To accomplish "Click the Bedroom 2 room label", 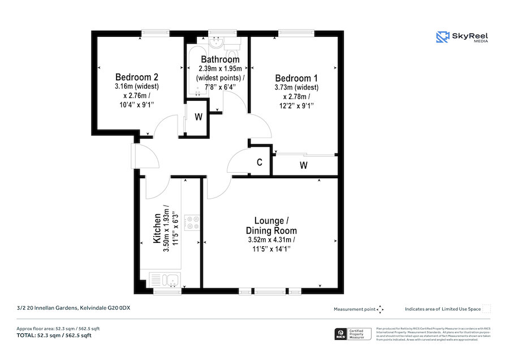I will pos(136,77).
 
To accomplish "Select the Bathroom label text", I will pos(220,59).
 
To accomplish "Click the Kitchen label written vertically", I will pos(158,229).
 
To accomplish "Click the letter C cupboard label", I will pos(260,162).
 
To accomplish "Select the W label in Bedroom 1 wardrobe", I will pos(303,165).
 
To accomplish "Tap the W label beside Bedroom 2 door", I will pos(199,118).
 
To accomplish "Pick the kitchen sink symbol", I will pos(165,278).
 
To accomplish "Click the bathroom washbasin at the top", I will pos(215,42).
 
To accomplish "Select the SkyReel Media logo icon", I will pos(442,37).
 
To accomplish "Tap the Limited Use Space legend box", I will pos(486,309).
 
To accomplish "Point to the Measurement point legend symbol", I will pos(381,309).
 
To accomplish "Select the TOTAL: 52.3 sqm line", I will pos(54,336).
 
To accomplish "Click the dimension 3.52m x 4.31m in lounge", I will pos(271,240).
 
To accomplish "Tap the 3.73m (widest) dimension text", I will pos(296,88).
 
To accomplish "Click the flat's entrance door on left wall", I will pos(135,156).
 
